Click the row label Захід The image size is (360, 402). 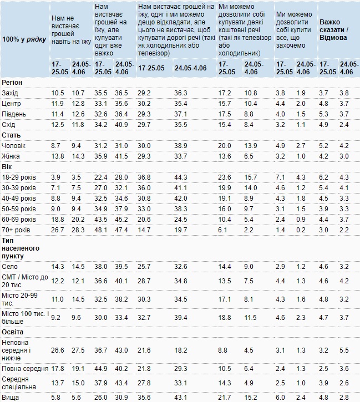tap(10, 93)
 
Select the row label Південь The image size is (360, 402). tap(14, 114)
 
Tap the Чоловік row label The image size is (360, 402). tap(13, 146)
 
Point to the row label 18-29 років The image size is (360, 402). tap(19, 177)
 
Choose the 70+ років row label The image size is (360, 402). tap(16, 230)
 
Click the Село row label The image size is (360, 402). tap(9, 267)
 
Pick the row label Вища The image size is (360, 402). tap(10, 398)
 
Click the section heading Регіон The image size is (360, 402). tap(12, 83)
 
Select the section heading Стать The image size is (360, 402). tap(11, 135)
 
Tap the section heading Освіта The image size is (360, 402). tap(13, 332)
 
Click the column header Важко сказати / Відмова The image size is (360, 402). tap(334, 30)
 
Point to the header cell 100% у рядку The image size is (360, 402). tap(24, 39)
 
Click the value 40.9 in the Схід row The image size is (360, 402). tap(121, 125)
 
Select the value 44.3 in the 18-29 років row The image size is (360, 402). tap(181, 177)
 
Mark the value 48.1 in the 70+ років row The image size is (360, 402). tap(101, 230)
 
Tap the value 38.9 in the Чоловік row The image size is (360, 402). tap(181, 146)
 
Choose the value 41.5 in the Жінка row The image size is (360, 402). tap(121, 156)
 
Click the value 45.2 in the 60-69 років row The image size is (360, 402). tap(121, 220)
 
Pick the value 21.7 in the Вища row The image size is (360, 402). tap(225, 398)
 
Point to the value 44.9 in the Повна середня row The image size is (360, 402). tap(101, 369)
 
